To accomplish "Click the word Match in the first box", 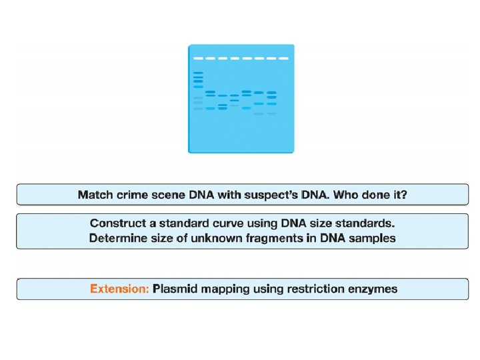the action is [95, 195].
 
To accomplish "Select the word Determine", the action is [117, 238].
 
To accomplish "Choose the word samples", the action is [374, 238].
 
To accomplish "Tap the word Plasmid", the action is [175, 289].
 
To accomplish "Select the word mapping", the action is [225, 289].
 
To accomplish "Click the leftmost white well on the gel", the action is [197, 58].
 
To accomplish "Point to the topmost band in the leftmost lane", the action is [198, 73].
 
